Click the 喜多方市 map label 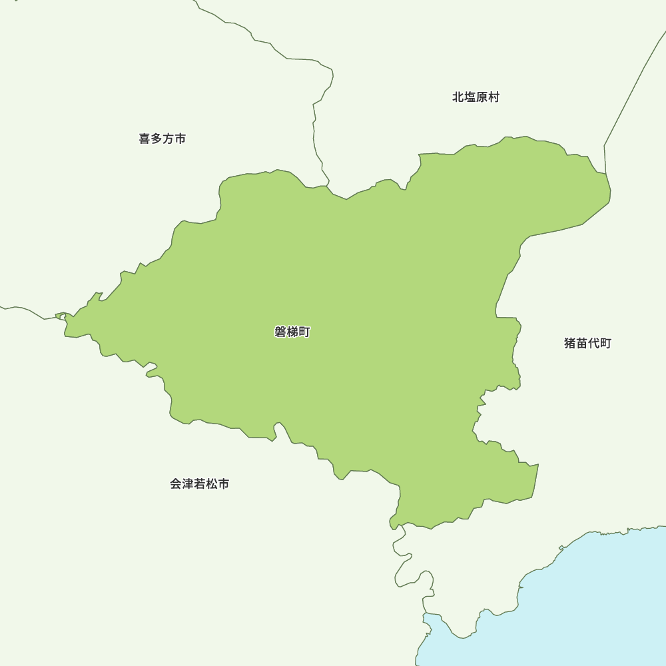[162, 139]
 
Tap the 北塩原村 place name [476, 97]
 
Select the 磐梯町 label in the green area [292, 332]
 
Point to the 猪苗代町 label [587, 344]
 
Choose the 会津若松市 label [200, 484]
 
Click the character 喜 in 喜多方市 [145, 139]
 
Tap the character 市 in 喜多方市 [180, 139]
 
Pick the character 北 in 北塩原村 [458, 97]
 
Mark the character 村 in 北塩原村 [494, 97]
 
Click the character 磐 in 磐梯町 [280, 332]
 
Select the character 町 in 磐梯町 [304, 332]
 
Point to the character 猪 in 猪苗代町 [570, 344]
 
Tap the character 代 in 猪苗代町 [593, 344]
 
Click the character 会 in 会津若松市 [176, 484]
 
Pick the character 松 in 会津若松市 [212, 484]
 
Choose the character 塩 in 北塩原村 [470, 97]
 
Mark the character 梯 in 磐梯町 [292, 332]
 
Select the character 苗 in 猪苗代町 [581, 344]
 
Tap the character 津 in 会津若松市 [188, 484]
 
